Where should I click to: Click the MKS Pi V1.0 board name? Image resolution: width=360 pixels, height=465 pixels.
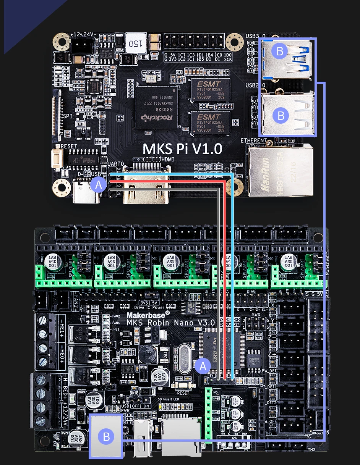(182, 149)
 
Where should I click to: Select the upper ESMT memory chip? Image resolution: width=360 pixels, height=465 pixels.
(211, 90)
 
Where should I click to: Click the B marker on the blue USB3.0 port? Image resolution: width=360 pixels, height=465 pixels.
(280, 51)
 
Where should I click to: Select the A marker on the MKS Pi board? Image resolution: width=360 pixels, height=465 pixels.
(99, 185)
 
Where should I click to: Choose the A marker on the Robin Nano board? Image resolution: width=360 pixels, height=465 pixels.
(203, 366)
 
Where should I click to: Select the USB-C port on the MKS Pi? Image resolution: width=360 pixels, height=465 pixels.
(86, 195)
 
